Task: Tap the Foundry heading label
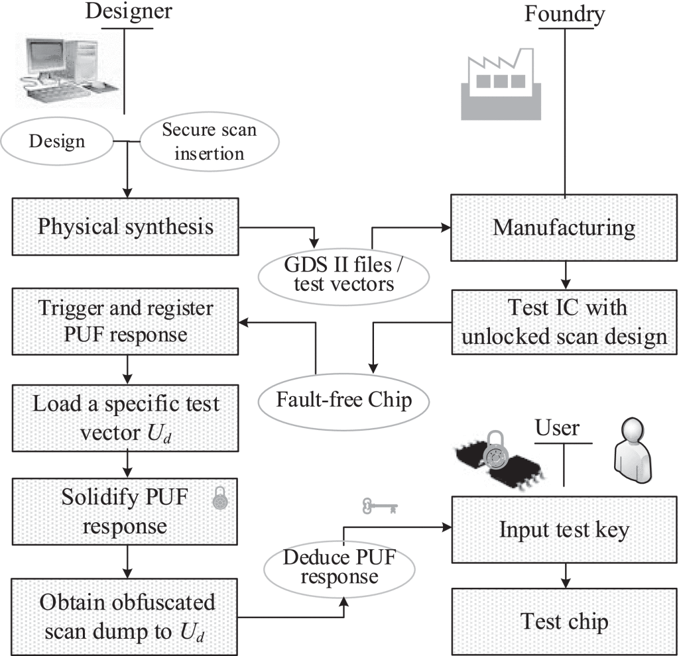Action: pyautogui.click(x=564, y=13)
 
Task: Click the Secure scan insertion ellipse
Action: pyautogui.click(x=208, y=141)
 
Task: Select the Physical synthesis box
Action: pyautogui.click(x=125, y=227)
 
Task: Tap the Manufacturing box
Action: pyautogui.click(x=564, y=228)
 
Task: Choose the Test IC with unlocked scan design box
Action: pyautogui.click(x=564, y=322)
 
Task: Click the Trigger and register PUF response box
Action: pyautogui.click(x=125, y=321)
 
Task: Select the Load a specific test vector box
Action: pyautogui.click(x=125, y=415)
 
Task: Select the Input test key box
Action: pyautogui.click(x=564, y=530)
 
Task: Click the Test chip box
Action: pyautogui.click(x=564, y=622)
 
